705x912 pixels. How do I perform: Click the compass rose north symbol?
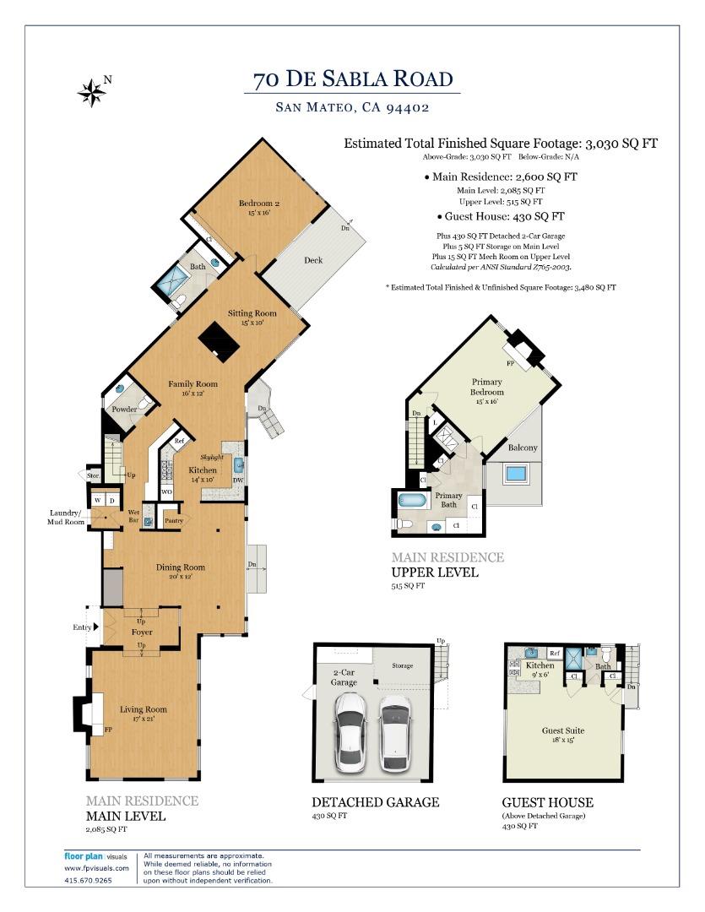[x=91, y=92]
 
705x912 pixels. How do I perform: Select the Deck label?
[x=313, y=260]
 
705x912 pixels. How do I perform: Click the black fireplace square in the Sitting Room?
[x=218, y=341]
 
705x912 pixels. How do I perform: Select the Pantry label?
[x=173, y=520]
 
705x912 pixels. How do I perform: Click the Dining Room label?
[x=181, y=567]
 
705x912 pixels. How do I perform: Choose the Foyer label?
[x=141, y=631]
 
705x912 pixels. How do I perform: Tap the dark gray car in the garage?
[x=395, y=732]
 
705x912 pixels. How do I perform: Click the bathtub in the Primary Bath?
[x=414, y=500]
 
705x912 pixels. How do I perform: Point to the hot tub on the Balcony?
[x=515, y=473]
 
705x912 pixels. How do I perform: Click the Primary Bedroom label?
[x=486, y=387]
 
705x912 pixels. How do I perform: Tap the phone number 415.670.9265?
[x=88, y=879]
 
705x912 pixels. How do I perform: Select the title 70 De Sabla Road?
[x=353, y=80]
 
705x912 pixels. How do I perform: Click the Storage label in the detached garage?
[x=402, y=665]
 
